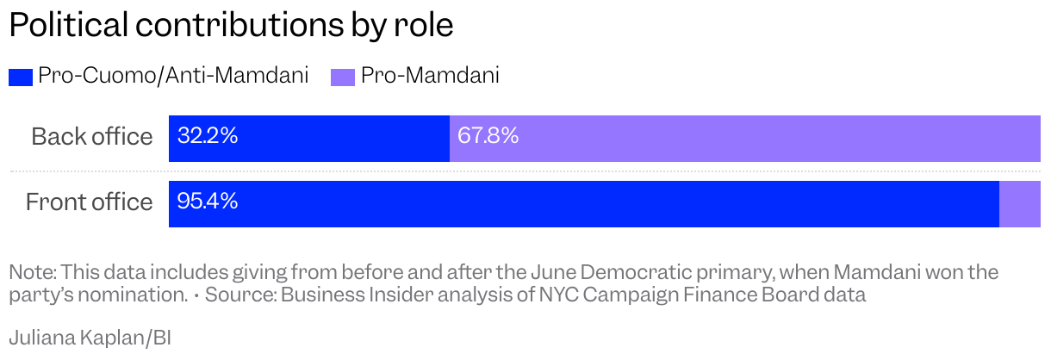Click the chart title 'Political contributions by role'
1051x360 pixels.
231,26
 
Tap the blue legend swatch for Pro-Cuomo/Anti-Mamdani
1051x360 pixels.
21,77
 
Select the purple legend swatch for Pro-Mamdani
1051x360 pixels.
343,77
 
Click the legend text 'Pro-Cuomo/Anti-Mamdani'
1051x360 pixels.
173,76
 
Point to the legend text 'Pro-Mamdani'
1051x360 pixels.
430,76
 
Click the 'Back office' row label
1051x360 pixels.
91,137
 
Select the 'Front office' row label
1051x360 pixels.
89,202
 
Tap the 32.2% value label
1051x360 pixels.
208,136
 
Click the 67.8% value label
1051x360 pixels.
488,136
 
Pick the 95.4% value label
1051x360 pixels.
208,202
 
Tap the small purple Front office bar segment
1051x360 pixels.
1020,205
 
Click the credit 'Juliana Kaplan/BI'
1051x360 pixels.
90,338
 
